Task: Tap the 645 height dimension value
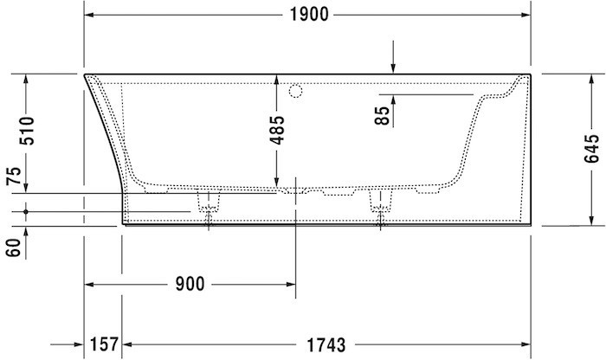592,149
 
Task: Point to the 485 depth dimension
277,130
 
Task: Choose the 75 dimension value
12,178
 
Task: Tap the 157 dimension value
104,344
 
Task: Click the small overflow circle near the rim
294,89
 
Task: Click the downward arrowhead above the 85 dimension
393,68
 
